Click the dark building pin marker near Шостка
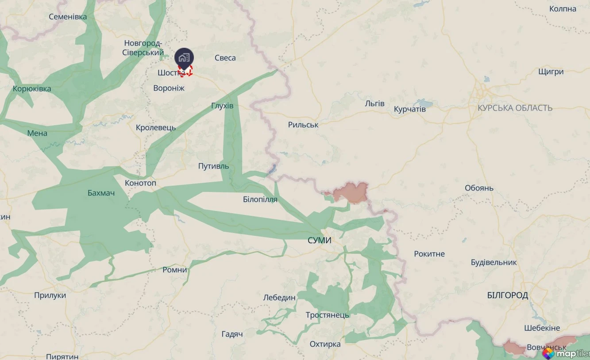click(184, 57)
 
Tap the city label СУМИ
click(320, 241)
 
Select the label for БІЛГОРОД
click(507, 295)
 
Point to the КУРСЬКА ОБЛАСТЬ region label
click(515, 108)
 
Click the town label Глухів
click(222, 106)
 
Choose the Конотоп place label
click(140, 183)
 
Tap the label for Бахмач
click(101, 193)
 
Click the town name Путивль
click(213, 166)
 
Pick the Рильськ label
click(303, 125)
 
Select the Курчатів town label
click(409, 109)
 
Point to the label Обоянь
click(479, 188)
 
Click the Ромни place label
click(175, 270)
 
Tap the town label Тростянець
click(328, 315)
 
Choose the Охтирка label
click(325, 344)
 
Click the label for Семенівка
click(68, 17)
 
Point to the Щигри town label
click(551, 72)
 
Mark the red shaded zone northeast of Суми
click(351, 193)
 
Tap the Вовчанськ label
click(546, 348)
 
